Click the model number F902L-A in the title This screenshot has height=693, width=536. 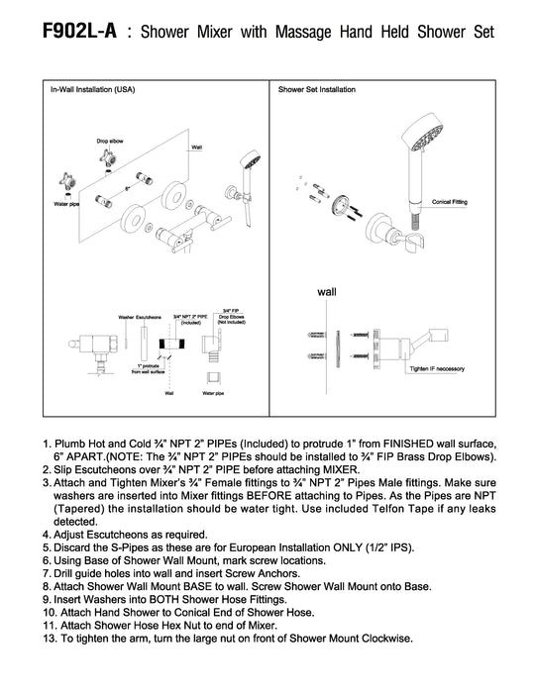(x=79, y=31)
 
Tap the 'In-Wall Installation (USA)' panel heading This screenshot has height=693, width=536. (x=92, y=89)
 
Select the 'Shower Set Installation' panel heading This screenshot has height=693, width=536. (x=317, y=89)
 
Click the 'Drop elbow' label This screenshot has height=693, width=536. (x=110, y=141)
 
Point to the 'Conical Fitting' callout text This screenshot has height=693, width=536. (x=450, y=202)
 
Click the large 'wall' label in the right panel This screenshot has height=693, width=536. (x=327, y=292)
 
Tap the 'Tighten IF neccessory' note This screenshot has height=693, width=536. (x=437, y=368)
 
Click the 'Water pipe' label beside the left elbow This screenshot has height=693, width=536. (x=66, y=204)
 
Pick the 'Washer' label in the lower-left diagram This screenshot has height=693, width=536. (x=126, y=318)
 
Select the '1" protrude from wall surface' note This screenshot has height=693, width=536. (x=149, y=369)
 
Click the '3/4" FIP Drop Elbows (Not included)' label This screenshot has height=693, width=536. (x=231, y=317)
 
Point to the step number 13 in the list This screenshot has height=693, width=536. (x=50, y=639)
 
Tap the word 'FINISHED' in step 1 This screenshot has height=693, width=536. (x=408, y=444)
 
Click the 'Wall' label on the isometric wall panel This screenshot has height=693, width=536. (x=196, y=148)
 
